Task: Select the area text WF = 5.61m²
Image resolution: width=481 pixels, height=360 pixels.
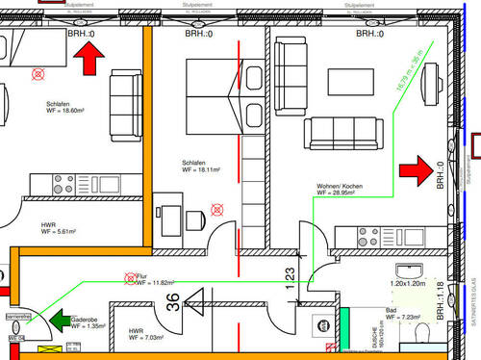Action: (62, 231)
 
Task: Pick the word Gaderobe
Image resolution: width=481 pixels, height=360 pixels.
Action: (87, 318)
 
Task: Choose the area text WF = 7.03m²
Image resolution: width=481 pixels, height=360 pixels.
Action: (148, 338)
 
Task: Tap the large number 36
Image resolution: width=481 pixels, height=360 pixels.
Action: (171, 304)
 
